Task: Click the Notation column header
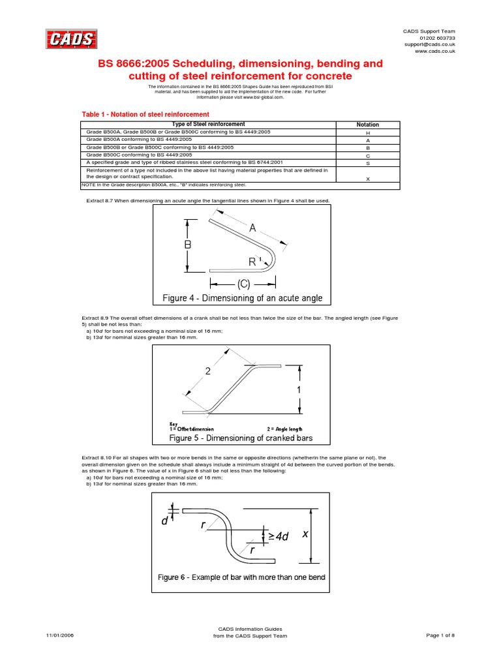(368, 125)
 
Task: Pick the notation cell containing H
(368, 132)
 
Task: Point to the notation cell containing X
(368, 179)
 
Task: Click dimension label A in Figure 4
(252, 228)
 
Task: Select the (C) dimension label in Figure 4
(243, 284)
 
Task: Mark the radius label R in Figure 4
(252, 262)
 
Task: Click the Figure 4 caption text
(242, 299)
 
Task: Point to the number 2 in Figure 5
(208, 371)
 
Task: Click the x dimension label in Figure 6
(305, 534)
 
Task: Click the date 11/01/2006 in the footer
(60, 635)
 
